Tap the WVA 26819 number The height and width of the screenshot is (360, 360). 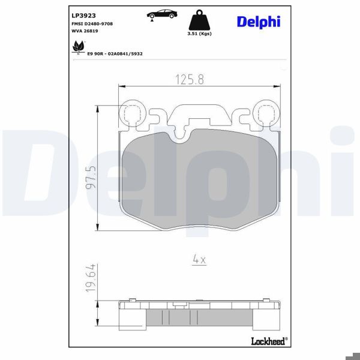tap(85, 30)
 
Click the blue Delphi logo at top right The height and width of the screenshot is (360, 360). tap(258, 22)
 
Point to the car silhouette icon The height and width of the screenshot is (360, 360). tap(160, 13)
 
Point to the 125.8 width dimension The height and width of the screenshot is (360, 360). tap(188, 78)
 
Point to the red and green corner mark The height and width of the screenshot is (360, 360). tap(350, 350)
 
